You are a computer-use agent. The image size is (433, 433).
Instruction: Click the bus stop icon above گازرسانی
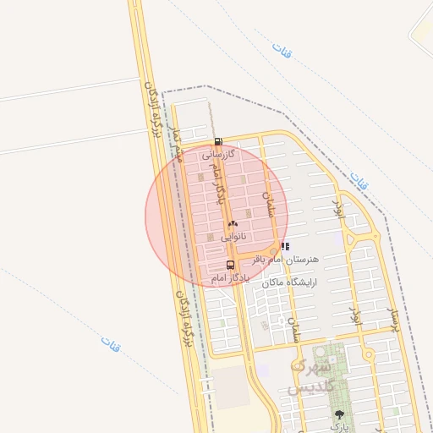point(218,142)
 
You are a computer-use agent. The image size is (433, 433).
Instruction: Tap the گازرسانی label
point(217,155)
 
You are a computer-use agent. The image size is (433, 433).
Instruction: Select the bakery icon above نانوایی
point(233,224)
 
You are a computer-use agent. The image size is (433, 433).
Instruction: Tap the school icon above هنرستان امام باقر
point(283,246)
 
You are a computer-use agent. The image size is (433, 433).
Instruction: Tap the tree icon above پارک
point(339,414)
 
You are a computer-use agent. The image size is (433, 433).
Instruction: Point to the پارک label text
point(339,428)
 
